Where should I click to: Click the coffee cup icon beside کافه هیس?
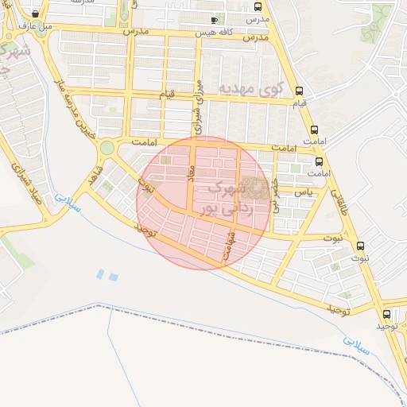(x=213, y=20)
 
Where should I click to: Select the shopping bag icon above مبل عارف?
(x=36, y=14)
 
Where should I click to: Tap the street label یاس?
(x=303, y=192)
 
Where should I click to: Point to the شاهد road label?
(x=96, y=176)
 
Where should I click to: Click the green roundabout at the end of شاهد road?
(x=107, y=148)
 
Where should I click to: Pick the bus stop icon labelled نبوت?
(x=360, y=246)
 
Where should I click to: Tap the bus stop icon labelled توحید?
(x=386, y=314)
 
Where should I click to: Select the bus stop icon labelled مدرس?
(x=258, y=6)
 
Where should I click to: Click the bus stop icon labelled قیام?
(x=299, y=91)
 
